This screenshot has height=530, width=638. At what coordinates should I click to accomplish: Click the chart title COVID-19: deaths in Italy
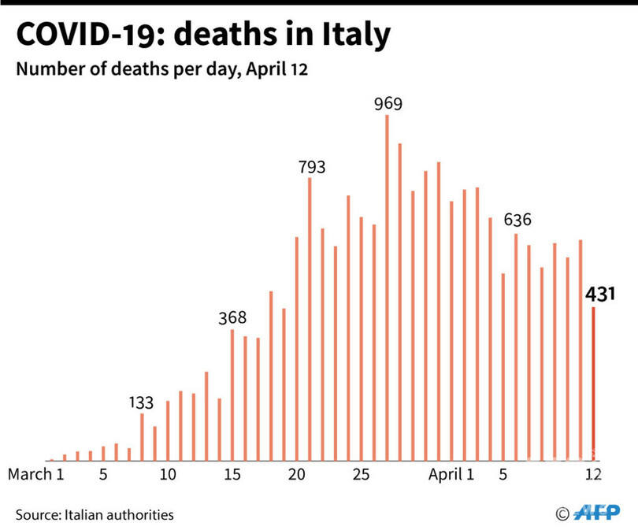click(202, 35)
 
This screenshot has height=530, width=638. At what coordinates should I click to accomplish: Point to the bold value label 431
click(599, 295)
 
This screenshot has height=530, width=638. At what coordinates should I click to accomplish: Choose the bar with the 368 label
click(232, 395)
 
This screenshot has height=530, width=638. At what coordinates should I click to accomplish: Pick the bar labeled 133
click(142, 436)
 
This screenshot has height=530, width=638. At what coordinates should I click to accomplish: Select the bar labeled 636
click(516, 347)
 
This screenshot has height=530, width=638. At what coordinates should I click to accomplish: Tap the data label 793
click(312, 166)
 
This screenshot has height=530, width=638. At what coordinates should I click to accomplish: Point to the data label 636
click(517, 218)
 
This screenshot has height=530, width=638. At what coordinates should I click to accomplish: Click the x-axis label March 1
click(35, 475)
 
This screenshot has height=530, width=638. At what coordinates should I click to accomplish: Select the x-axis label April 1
click(451, 475)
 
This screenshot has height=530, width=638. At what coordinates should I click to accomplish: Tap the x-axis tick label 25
click(361, 475)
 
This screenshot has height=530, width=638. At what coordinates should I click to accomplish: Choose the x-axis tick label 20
click(296, 475)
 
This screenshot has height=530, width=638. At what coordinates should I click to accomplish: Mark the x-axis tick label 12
click(593, 475)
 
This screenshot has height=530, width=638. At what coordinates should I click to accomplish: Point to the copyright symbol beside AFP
click(562, 514)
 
